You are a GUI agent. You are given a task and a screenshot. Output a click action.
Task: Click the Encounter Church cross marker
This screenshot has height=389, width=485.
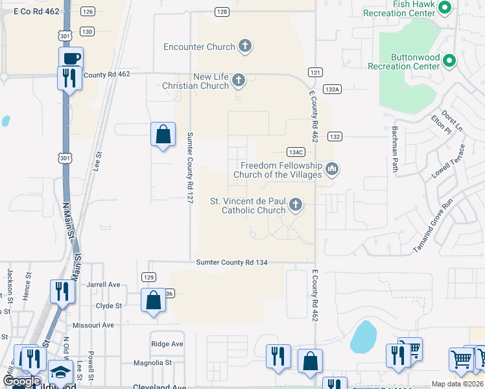click(x=244, y=46)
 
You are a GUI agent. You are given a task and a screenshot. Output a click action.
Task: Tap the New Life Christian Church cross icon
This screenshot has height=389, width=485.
click(x=239, y=81)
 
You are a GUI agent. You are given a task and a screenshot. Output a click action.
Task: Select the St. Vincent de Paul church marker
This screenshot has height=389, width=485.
click(x=296, y=206)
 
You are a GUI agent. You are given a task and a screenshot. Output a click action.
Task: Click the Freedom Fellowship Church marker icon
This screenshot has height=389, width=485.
click(x=333, y=170)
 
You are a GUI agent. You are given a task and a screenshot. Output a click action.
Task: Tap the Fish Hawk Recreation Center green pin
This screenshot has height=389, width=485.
click(x=444, y=8)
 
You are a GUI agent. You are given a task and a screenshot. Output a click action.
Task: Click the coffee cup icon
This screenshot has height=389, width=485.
click(x=71, y=58)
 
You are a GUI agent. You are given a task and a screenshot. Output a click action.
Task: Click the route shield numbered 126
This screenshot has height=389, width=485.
click(x=88, y=12)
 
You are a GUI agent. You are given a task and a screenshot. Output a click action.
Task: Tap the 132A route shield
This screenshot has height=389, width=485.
click(x=332, y=89)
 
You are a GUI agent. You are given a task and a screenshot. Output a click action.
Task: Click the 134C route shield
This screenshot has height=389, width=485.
click(x=295, y=152)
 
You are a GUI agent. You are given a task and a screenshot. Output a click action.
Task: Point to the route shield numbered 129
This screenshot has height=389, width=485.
click(x=148, y=277)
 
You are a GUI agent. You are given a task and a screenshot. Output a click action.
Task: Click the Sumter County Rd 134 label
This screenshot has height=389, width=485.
click(x=231, y=261)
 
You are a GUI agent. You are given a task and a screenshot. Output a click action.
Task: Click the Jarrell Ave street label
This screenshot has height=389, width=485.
click(x=104, y=284)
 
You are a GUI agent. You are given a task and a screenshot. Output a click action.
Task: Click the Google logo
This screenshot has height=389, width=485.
click(x=21, y=381)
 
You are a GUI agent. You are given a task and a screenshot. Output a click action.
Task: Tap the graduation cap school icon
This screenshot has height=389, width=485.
click(x=60, y=371)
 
